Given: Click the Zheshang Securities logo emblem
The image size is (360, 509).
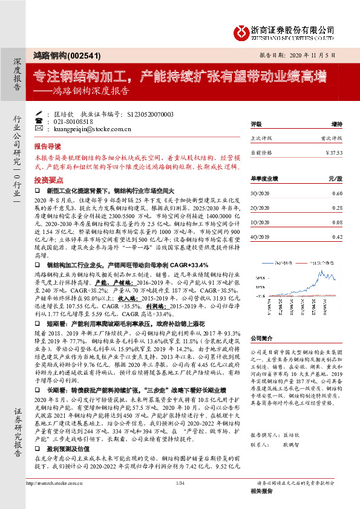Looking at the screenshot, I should coord(243,30).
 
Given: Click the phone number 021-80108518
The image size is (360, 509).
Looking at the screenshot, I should coord(76,121).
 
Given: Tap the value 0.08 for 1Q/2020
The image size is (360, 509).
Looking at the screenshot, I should coord(337,221).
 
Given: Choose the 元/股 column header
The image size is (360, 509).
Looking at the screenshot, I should coord(335,178).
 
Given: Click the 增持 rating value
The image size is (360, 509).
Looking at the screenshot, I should coord(336,125).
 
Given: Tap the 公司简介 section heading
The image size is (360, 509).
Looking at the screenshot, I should coord(262,339).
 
